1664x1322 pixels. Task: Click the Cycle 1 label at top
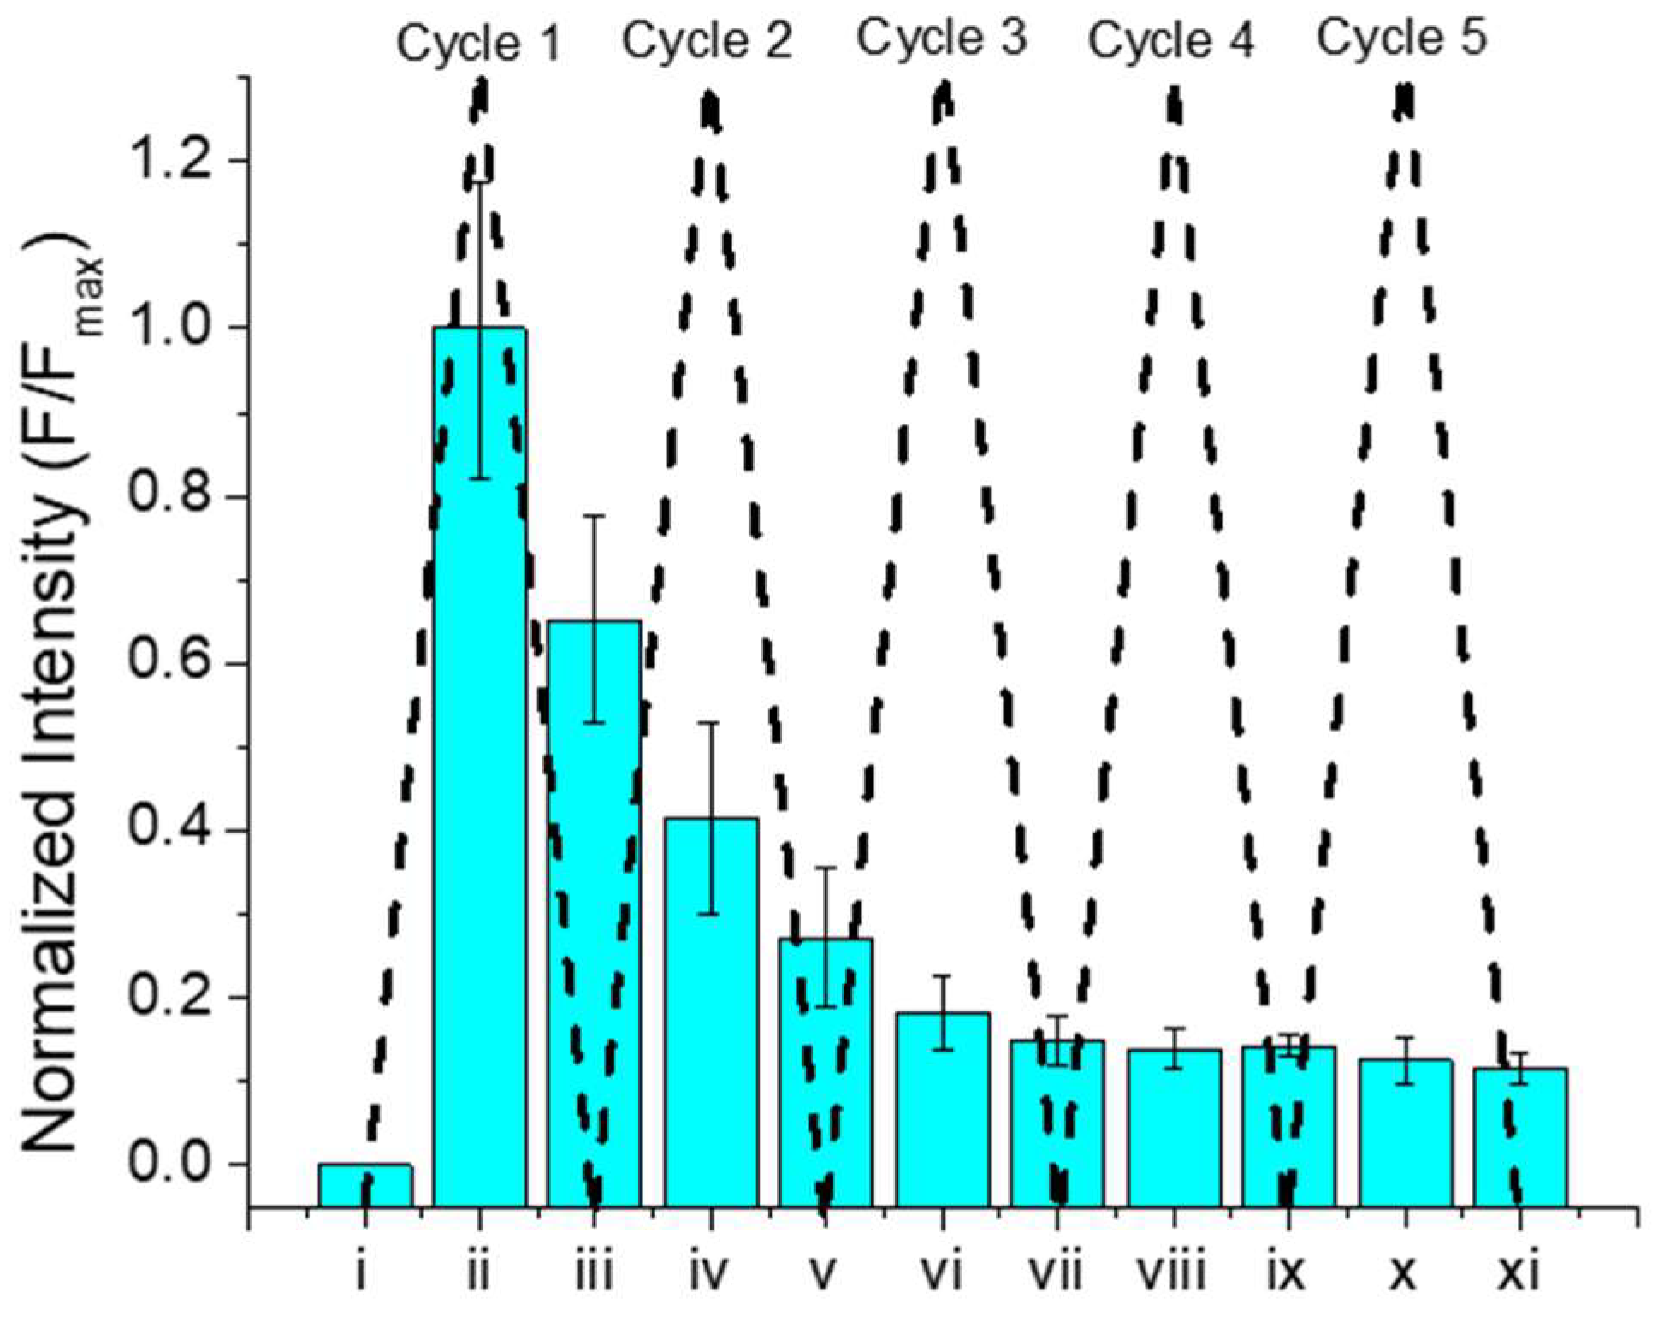[x=478, y=43]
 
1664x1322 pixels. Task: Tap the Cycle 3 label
[x=941, y=39]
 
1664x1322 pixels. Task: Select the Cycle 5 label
[x=1401, y=38]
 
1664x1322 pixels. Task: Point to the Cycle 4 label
[x=1171, y=39]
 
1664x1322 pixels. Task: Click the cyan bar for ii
[x=480, y=770]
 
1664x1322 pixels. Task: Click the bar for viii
[x=1174, y=1129]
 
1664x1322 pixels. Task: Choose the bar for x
[x=1406, y=1134]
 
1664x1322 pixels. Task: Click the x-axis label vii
[x=1057, y=1273]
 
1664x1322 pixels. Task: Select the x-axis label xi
[x=1519, y=1273]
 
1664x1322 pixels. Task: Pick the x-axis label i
[x=363, y=1273]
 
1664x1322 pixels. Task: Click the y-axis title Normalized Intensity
[x=56, y=693]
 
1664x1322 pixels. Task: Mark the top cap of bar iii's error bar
[x=595, y=516]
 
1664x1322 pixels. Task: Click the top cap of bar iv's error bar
[x=708, y=723]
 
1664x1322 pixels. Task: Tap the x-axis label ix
[x=1287, y=1273]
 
